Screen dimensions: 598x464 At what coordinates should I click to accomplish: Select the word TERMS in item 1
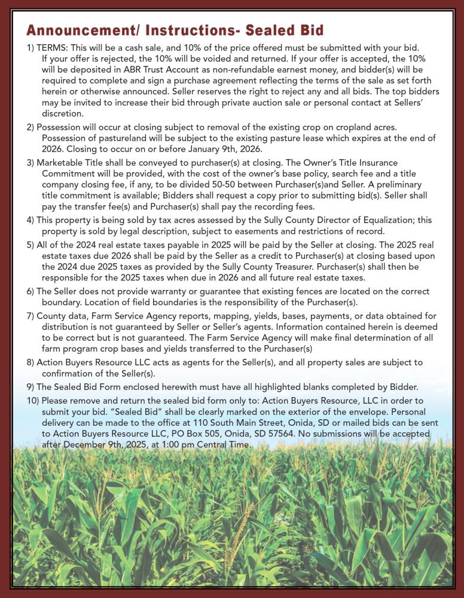click(x=53, y=47)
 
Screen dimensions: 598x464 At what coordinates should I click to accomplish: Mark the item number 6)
click(x=30, y=291)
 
